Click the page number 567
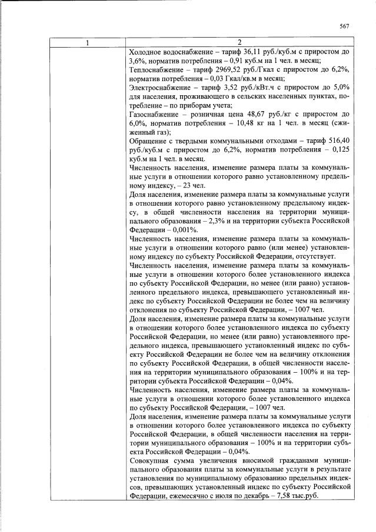tap(345, 26)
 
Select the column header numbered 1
tap(88, 43)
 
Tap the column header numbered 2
tap(239, 43)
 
